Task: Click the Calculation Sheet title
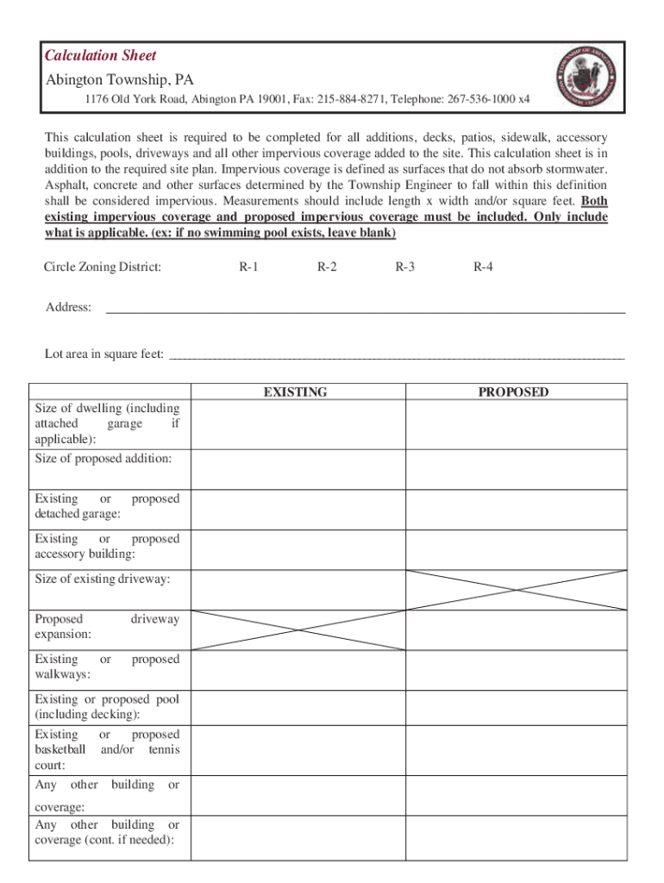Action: (100, 56)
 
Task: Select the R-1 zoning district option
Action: (248, 267)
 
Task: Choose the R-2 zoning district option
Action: (327, 267)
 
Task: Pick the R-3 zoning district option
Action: (404, 267)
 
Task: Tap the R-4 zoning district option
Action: (483, 267)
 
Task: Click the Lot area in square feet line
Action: (396, 354)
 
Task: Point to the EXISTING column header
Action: (295, 392)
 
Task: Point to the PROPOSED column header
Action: (513, 392)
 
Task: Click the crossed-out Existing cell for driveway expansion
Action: (298, 629)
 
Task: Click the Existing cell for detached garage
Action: (298, 508)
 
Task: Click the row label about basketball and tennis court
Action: (107, 749)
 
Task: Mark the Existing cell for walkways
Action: (298, 669)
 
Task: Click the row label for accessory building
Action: (107, 547)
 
